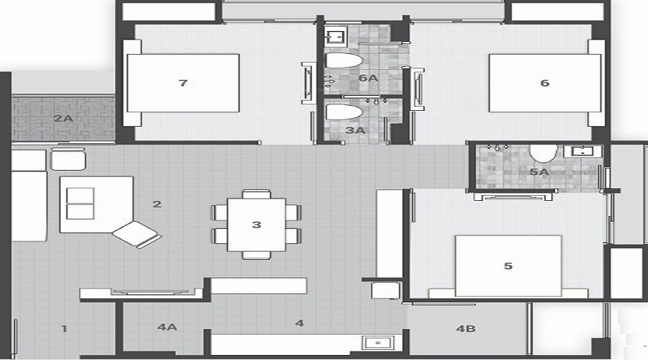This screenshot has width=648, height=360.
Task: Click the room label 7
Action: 183,84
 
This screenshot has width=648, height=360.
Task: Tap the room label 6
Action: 544,84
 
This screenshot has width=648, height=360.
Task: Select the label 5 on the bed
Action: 508,266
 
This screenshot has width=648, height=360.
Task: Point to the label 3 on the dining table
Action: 256,225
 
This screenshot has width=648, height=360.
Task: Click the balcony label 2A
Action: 63,118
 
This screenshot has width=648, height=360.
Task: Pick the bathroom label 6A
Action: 368,78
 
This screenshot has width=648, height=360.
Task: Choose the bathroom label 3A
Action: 355,131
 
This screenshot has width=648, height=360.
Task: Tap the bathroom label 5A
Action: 539,173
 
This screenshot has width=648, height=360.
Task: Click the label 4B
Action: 466,329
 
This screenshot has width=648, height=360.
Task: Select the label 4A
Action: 166,327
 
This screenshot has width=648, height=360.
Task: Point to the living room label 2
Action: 157,204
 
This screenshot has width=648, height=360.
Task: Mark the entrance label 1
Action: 64,329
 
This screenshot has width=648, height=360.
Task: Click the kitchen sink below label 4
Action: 377,342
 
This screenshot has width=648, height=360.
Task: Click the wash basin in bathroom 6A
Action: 336,35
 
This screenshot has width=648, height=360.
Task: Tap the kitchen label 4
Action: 300,323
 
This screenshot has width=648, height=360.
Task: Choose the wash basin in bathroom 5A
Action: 582,151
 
